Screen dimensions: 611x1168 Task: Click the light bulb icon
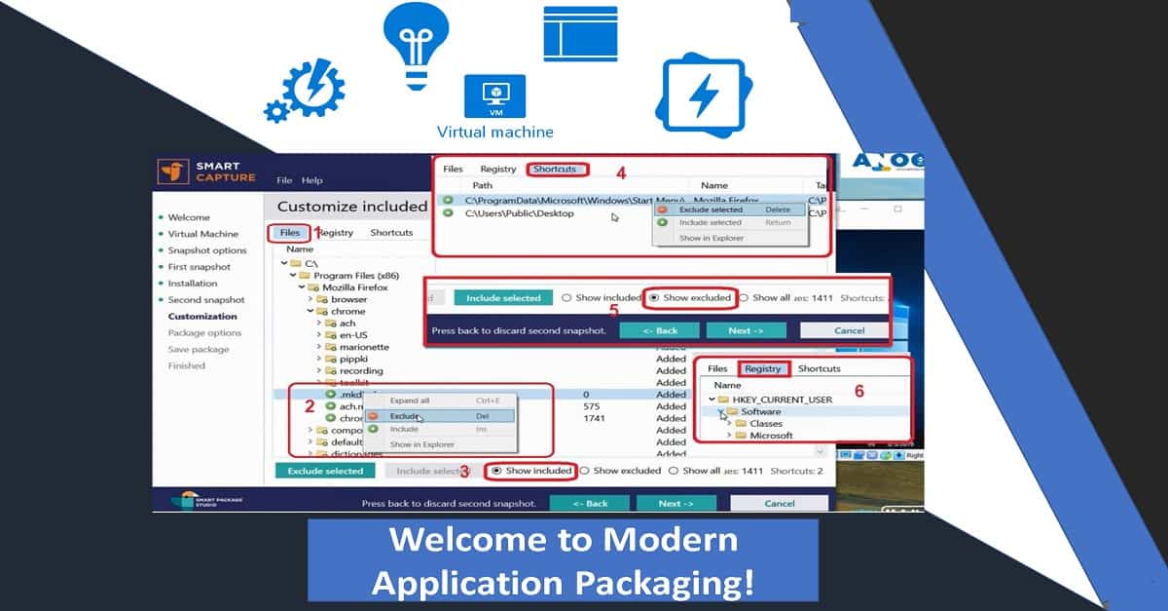[x=420, y=44]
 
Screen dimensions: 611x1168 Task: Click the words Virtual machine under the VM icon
[x=494, y=133]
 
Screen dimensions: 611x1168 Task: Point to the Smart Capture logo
[x=207, y=172]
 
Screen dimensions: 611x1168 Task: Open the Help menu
[x=311, y=180]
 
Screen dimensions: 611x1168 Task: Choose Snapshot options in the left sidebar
[x=207, y=250]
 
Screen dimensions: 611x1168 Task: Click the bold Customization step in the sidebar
[x=202, y=317]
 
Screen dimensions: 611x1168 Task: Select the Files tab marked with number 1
[x=290, y=233]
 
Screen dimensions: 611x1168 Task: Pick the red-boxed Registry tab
[x=763, y=369]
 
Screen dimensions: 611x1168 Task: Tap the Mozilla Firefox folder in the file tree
[x=355, y=288]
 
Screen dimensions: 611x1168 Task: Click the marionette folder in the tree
[x=363, y=347]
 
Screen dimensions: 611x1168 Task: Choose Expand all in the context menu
[x=410, y=401]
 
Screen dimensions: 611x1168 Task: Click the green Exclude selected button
[x=325, y=471]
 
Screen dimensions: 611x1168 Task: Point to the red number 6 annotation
[x=859, y=391]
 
